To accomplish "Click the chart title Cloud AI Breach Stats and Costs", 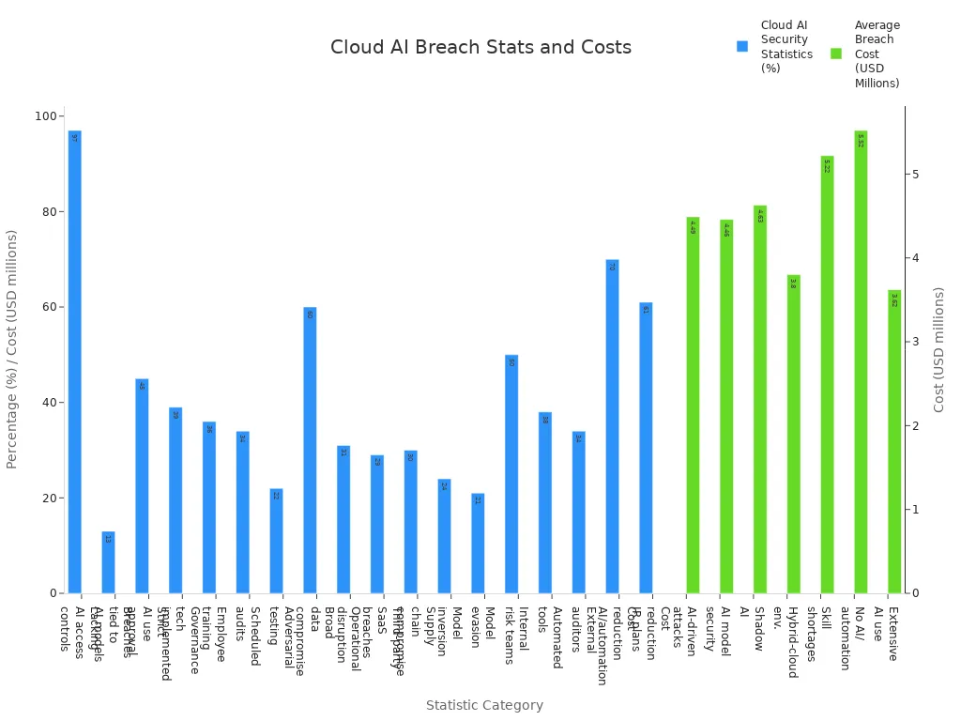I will click(x=480, y=48).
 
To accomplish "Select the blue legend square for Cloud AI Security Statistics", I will click(x=742, y=46).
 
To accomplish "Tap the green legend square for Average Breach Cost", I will click(x=836, y=54).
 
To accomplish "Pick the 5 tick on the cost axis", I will click(x=914, y=175).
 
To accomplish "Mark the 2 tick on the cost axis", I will click(x=914, y=426).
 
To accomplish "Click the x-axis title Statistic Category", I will click(x=484, y=705).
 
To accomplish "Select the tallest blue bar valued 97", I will click(x=75, y=361).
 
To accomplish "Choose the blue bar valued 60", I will click(x=310, y=451).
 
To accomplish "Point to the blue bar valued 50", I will click(x=511, y=474).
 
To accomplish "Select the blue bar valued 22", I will click(x=276, y=541).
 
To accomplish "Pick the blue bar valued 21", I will click(x=478, y=544).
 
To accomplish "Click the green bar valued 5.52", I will click(x=861, y=361).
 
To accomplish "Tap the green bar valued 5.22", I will click(x=827, y=375).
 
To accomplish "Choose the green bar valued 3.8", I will click(x=793, y=434).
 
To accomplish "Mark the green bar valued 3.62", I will click(x=893, y=441).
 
